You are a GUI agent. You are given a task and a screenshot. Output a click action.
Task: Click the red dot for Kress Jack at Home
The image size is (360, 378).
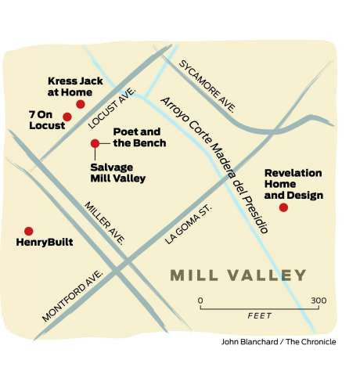tap(80, 104)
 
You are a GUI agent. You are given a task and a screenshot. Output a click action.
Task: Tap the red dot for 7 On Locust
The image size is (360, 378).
tap(67, 117)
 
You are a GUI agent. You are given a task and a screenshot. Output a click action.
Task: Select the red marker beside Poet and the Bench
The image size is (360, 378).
tap(95, 143)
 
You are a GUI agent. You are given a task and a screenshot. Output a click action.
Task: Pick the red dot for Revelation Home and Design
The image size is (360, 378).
tap(283, 207)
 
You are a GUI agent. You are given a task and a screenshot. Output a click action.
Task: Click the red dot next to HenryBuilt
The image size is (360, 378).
tap(29, 231)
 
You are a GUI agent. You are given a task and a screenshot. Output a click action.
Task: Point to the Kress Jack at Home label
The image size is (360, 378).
tap(77, 85)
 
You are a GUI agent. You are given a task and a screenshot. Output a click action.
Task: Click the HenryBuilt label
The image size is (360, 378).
tap(45, 243)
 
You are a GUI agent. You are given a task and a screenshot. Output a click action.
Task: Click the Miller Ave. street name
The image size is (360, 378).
tap(105, 223)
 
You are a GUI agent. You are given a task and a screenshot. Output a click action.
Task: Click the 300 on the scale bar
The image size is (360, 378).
tap(318, 301)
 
